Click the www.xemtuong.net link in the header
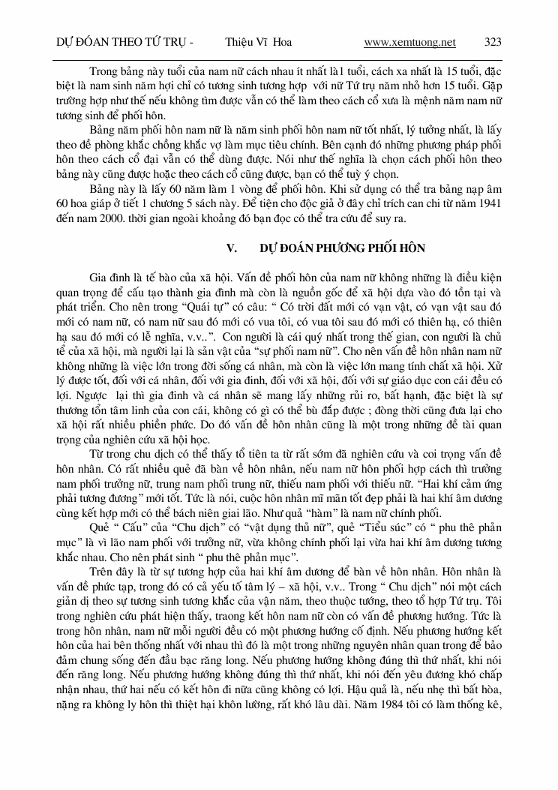click(409, 42)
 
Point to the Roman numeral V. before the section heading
click(231, 247)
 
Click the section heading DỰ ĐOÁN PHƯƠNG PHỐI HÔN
click(343, 247)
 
